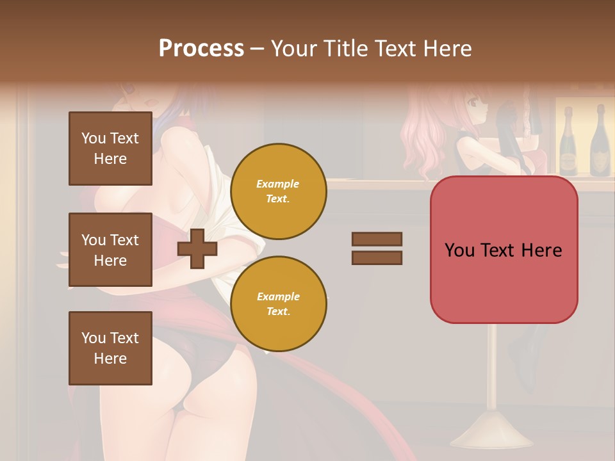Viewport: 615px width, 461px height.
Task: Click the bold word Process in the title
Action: [201, 49]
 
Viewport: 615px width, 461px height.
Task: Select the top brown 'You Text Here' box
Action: [110, 149]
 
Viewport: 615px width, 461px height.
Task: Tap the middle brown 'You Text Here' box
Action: [110, 250]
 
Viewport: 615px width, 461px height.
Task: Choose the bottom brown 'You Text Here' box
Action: [110, 348]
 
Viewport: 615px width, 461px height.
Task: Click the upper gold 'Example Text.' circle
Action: [278, 191]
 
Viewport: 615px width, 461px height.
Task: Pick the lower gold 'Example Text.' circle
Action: [278, 303]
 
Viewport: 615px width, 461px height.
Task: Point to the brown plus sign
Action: [197, 248]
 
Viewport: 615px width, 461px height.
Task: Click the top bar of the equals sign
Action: [377, 239]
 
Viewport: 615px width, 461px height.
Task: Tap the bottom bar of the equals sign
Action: [377, 257]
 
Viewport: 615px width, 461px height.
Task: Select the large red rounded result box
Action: [504, 250]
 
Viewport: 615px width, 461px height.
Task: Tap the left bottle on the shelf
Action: [568, 142]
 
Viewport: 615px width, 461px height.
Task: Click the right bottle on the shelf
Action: [599, 142]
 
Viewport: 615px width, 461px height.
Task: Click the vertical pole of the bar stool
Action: [492, 365]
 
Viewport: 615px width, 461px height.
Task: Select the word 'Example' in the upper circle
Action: [278, 184]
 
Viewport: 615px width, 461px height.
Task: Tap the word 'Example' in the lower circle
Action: [278, 296]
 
